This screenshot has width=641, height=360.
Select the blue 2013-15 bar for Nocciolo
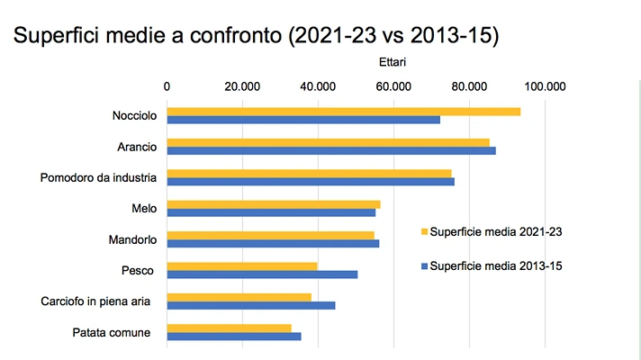click(x=303, y=120)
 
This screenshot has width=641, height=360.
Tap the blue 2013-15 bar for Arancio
click(x=331, y=150)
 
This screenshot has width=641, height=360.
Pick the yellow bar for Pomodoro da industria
click(x=309, y=174)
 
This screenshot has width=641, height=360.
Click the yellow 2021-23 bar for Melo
click(x=274, y=204)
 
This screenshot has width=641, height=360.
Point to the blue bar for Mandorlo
click(x=273, y=243)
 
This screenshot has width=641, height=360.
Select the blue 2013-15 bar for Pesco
click(x=262, y=274)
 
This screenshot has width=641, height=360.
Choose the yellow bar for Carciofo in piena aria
click(x=239, y=297)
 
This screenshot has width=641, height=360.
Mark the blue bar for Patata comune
click(x=234, y=337)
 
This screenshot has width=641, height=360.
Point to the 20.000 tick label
click(x=242, y=86)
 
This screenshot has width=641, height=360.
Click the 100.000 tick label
click(x=544, y=86)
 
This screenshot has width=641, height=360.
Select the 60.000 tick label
click(x=393, y=86)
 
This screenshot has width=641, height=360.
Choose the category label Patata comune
click(x=112, y=333)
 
